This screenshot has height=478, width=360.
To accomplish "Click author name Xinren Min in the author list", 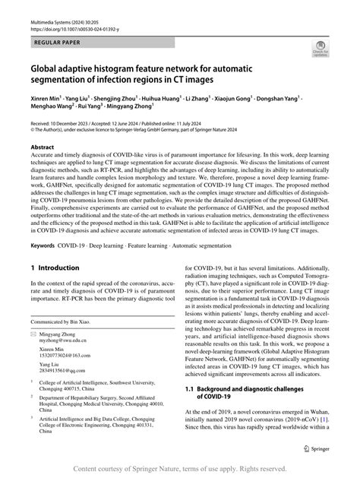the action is [x=48, y=97].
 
